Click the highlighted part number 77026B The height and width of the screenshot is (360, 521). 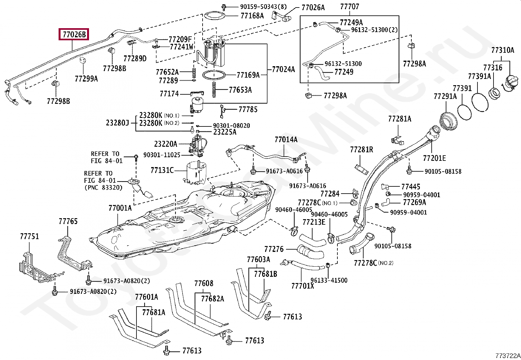click(x=74, y=34)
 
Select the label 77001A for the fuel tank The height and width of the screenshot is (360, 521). click(x=120, y=208)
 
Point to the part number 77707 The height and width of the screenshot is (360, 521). click(x=350, y=6)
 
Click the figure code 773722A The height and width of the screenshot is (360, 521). click(x=508, y=355)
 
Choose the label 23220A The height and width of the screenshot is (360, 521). click(x=166, y=144)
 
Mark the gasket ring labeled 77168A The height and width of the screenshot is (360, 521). click(x=215, y=16)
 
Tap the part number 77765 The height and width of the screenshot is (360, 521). click(x=68, y=221)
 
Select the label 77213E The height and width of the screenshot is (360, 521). click(x=314, y=222)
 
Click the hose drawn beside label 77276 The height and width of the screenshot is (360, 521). click(x=311, y=252)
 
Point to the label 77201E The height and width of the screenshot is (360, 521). click(x=435, y=158)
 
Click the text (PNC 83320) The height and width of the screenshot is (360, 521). click(x=103, y=187)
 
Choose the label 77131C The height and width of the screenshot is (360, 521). click(x=162, y=170)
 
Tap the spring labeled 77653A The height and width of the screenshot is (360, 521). click(x=214, y=90)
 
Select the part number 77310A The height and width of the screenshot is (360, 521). click(x=503, y=50)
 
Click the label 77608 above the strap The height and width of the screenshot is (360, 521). click(x=204, y=283)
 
